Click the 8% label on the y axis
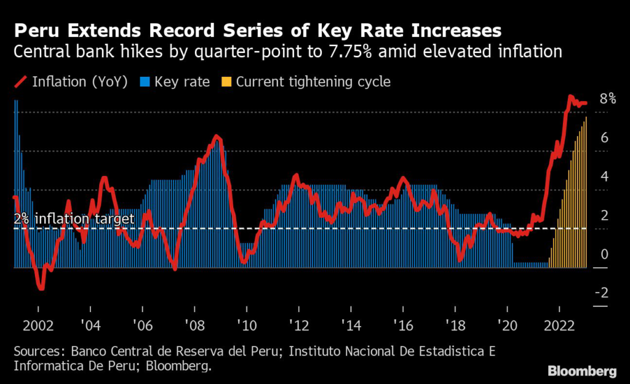[608, 99]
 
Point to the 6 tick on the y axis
[605, 138]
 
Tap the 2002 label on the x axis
[38, 326]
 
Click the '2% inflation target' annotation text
[74, 219]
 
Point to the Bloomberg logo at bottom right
[582, 371]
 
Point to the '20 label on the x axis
[507, 326]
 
